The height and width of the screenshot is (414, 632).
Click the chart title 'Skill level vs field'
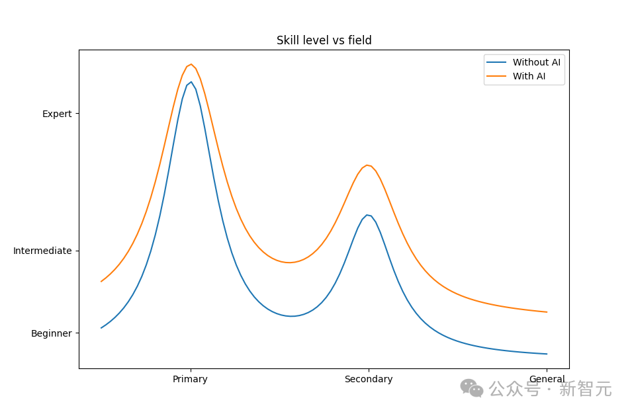click(324, 40)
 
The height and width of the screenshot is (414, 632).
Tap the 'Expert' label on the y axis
click(57, 114)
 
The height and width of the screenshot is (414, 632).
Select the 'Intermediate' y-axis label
click(42, 251)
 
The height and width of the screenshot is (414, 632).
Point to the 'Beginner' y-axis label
click(52, 333)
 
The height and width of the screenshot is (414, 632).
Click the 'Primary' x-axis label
click(190, 379)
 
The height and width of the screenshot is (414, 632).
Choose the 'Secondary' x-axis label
click(368, 379)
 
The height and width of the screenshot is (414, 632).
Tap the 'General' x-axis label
click(547, 379)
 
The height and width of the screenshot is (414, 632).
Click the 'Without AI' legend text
click(536, 62)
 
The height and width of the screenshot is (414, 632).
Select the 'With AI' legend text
click(529, 76)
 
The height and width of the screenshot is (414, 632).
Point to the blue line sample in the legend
click(496, 62)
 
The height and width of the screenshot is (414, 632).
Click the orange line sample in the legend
click(496, 76)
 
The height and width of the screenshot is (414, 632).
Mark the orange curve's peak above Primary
click(191, 64)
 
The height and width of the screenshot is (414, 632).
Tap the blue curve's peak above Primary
click(191, 82)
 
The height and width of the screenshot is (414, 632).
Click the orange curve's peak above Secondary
click(367, 165)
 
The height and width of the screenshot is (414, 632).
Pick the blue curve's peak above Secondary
click(367, 215)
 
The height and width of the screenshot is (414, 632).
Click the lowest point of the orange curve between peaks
click(289, 263)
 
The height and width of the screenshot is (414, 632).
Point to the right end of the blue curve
click(547, 354)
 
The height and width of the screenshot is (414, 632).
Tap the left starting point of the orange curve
click(101, 281)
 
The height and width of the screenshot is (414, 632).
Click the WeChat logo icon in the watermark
click(471, 388)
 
